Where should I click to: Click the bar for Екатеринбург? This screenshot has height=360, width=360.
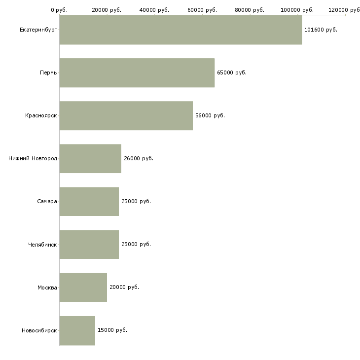click(180, 30)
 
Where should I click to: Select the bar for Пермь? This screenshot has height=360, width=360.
click(137, 73)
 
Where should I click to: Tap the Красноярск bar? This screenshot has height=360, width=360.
click(126, 116)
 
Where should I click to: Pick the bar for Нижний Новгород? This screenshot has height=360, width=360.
click(90, 159)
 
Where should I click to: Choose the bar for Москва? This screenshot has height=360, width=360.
click(83, 288)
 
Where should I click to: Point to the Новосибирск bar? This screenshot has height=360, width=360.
click(77, 330)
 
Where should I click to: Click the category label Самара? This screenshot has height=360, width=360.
click(47, 202)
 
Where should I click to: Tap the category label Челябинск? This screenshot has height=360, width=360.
click(42, 245)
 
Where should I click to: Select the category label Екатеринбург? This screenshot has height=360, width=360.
click(38, 30)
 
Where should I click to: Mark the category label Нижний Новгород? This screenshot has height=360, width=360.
click(33, 159)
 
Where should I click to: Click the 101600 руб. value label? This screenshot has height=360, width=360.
click(321, 30)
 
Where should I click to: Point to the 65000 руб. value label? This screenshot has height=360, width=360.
click(231, 73)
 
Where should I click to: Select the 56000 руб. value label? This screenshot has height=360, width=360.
click(210, 116)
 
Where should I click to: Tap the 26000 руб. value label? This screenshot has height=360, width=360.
click(138, 159)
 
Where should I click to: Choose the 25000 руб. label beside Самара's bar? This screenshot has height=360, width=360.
click(136, 202)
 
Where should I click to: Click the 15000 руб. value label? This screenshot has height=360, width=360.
click(112, 330)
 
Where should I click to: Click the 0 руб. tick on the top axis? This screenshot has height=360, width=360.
click(59, 10)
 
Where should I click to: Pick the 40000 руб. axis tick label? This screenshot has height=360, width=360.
click(154, 10)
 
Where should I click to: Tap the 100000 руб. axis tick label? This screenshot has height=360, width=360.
click(297, 10)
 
